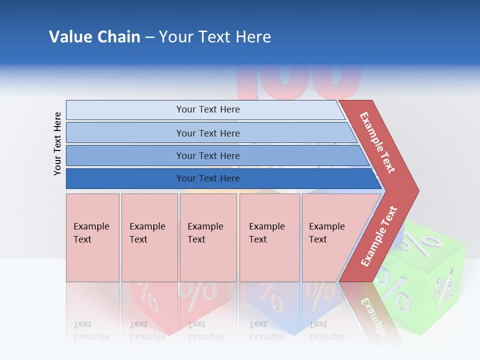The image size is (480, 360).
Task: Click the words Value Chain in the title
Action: (x=94, y=37)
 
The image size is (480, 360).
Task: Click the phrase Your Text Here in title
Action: (x=215, y=37)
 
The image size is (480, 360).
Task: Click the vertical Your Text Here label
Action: (x=57, y=143)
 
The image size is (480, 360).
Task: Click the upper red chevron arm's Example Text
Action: (x=377, y=142)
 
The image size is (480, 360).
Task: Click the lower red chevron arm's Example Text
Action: (x=379, y=236)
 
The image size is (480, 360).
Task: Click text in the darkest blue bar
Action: (x=208, y=178)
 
